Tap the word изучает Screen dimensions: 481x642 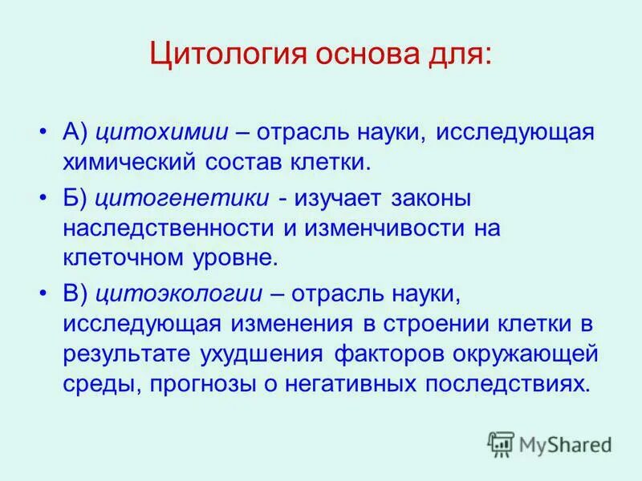(338, 197)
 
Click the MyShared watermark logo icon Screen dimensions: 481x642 (501, 443)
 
